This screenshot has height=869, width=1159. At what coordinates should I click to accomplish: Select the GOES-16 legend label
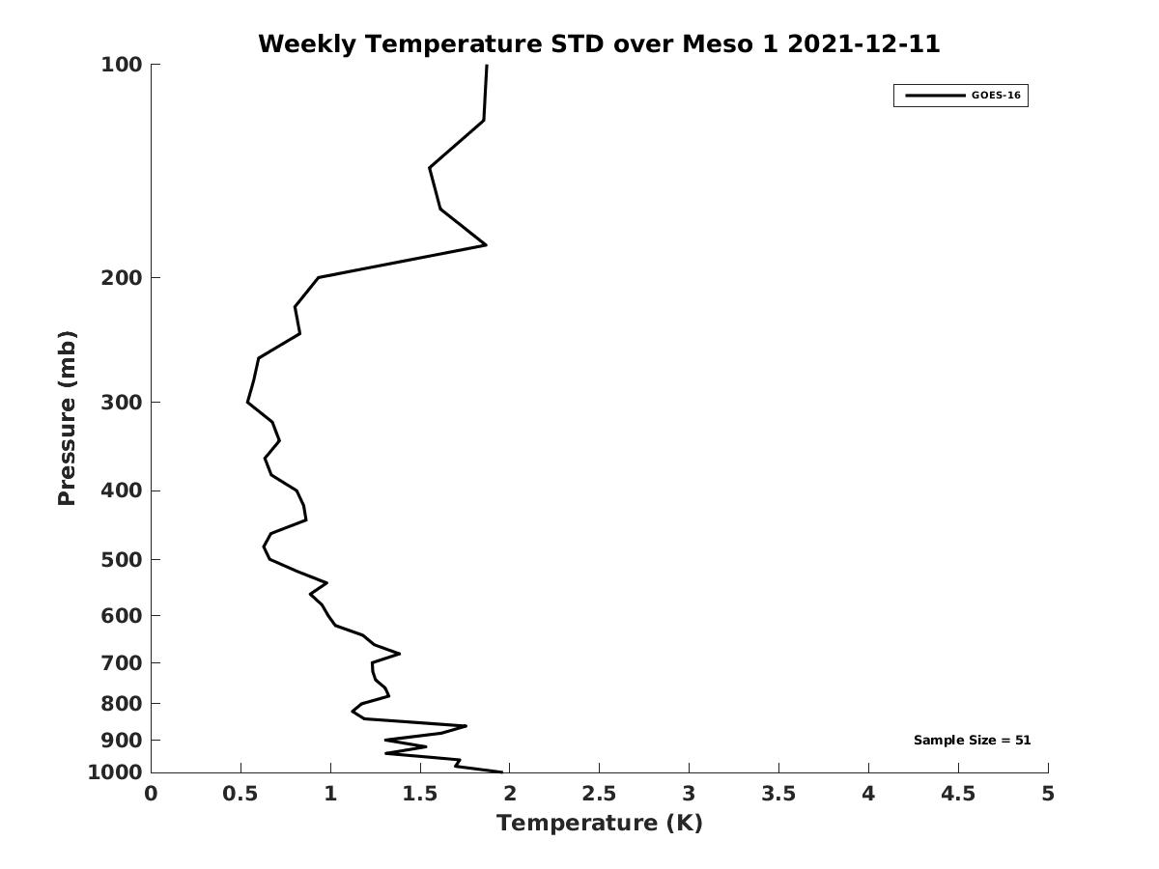(x=996, y=96)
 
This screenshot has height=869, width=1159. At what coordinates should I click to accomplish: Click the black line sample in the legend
(x=934, y=96)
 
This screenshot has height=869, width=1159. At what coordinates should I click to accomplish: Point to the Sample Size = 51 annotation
(x=972, y=741)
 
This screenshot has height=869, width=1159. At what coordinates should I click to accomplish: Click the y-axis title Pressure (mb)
(x=67, y=418)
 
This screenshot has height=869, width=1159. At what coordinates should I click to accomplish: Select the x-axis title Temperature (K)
(x=599, y=823)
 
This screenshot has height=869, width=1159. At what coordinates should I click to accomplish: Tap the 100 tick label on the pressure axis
(x=122, y=65)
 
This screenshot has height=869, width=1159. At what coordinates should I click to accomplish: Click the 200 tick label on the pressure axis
(x=122, y=278)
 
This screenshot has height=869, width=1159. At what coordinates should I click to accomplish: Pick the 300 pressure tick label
(x=122, y=403)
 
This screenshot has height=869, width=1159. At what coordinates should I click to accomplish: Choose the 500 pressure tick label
(x=122, y=560)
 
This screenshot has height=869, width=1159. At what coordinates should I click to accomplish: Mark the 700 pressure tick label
(x=122, y=663)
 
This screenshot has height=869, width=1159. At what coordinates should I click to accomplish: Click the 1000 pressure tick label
(x=115, y=772)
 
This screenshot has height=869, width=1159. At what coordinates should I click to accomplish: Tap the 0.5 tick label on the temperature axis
(x=240, y=794)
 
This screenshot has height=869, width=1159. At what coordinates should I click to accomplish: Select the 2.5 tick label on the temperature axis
(x=599, y=794)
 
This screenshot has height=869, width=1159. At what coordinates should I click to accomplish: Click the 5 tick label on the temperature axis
(x=1048, y=794)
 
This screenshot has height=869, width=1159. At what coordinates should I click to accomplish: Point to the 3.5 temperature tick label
(x=778, y=794)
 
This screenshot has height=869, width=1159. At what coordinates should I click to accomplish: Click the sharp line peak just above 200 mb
(x=486, y=245)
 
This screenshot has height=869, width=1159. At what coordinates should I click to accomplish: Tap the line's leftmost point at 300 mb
(x=247, y=402)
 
